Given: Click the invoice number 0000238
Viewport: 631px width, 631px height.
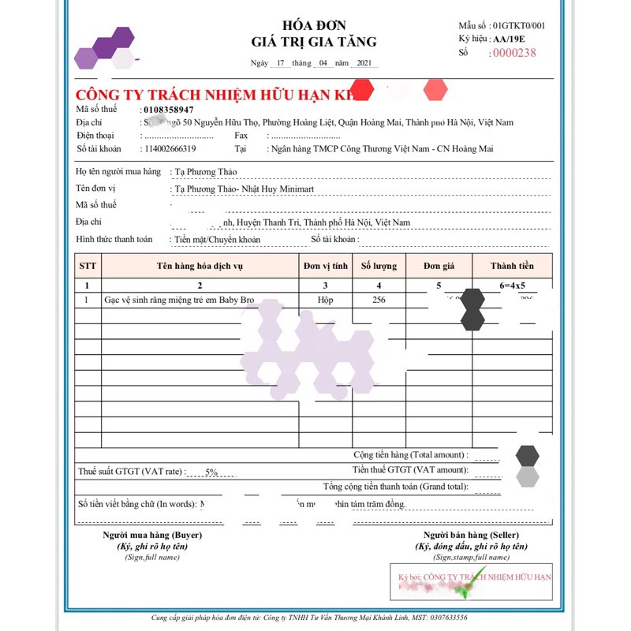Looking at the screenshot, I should click(x=514, y=53).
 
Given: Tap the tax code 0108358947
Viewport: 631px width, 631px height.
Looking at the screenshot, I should click(x=169, y=109).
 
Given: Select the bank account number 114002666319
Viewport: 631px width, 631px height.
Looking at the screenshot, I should click(x=170, y=148).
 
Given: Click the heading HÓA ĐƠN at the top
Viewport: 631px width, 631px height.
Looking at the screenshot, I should click(x=313, y=25).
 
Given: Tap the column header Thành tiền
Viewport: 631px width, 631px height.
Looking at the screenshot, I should click(x=512, y=266).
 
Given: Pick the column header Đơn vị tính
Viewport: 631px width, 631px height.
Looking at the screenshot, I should click(x=325, y=266).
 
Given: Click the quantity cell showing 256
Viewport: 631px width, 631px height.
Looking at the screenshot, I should click(x=379, y=301).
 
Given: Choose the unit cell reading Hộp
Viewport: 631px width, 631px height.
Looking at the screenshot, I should click(x=325, y=301).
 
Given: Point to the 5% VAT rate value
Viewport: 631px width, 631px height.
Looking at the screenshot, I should click(x=211, y=472).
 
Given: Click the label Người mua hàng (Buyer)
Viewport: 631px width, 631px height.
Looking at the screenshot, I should click(x=152, y=535).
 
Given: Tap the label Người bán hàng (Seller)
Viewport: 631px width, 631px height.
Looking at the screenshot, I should click(x=470, y=535).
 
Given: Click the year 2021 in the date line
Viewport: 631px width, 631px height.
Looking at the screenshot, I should click(x=364, y=63).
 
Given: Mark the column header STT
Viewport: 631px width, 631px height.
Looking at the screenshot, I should click(x=88, y=266).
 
